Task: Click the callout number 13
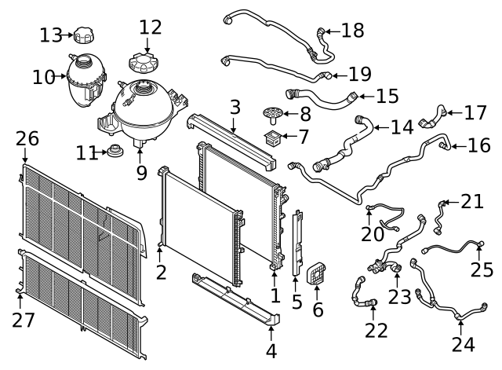pyautogui.click(x=51, y=35)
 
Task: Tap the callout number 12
pyautogui.click(x=150, y=27)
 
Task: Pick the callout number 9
pyautogui.click(x=141, y=172)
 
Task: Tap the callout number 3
pyautogui.click(x=235, y=106)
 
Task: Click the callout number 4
pyautogui.click(x=271, y=350)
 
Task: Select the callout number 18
pyautogui.click(x=353, y=31)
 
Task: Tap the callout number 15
pyautogui.click(x=387, y=96)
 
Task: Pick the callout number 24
pyautogui.click(x=463, y=343)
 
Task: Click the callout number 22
pyautogui.click(x=376, y=330)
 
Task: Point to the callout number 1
pyautogui.click(x=275, y=295)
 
